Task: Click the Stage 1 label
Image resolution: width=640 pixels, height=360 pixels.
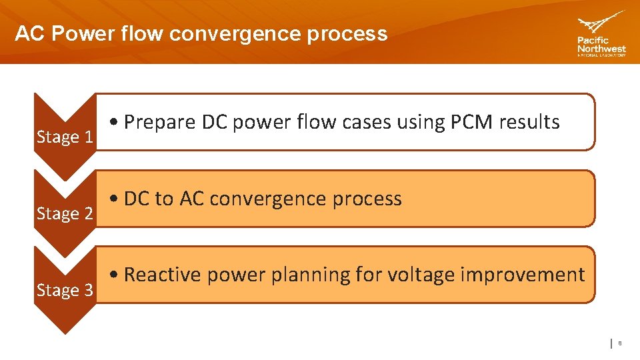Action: click(x=65, y=137)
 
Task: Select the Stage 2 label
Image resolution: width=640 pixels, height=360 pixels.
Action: click(x=65, y=214)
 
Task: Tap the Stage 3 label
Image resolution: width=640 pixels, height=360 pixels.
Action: click(x=65, y=291)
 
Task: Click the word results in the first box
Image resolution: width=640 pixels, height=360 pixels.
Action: click(x=531, y=122)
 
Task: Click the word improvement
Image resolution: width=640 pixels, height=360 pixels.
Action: click(x=533, y=275)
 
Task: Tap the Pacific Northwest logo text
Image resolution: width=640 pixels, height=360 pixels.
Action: click(x=601, y=45)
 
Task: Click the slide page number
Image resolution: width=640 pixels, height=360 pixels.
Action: click(x=619, y=343)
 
